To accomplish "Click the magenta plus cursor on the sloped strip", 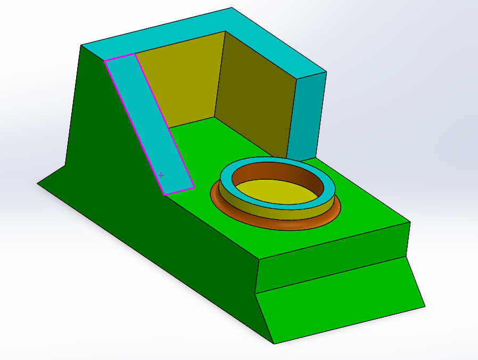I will [161, 174].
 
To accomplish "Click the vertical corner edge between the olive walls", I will [220, 74].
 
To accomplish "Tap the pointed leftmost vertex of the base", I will [37, 183].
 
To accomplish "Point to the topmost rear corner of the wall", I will [232, 7].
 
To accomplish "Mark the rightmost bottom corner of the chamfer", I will [425, 306].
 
